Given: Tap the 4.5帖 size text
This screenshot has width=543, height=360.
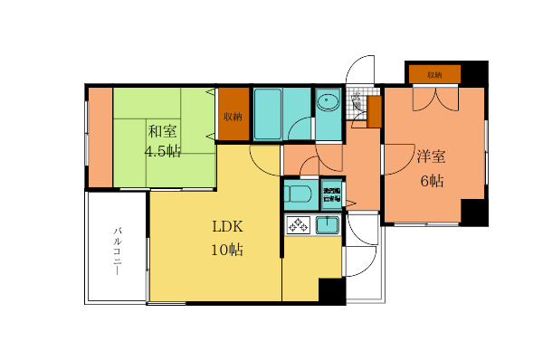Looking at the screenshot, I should point(163,151).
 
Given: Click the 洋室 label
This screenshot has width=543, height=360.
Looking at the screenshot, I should point(431,156).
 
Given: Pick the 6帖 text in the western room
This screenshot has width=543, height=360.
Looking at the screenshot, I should point(431,180).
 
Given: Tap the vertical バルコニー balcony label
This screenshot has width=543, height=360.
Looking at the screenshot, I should point(118,251).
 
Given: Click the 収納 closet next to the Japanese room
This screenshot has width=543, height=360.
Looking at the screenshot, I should point(233,116).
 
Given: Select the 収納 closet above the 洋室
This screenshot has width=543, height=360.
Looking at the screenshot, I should point(433,74).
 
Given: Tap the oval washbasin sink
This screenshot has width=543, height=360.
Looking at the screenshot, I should point(328,101).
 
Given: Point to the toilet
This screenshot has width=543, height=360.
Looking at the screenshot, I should point(298,194).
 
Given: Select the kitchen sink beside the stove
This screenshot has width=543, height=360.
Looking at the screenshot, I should point(328,224).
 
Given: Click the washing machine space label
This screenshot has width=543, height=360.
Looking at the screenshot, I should point(332,195).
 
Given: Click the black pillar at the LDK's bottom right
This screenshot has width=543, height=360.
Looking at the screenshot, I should point(332,291).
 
